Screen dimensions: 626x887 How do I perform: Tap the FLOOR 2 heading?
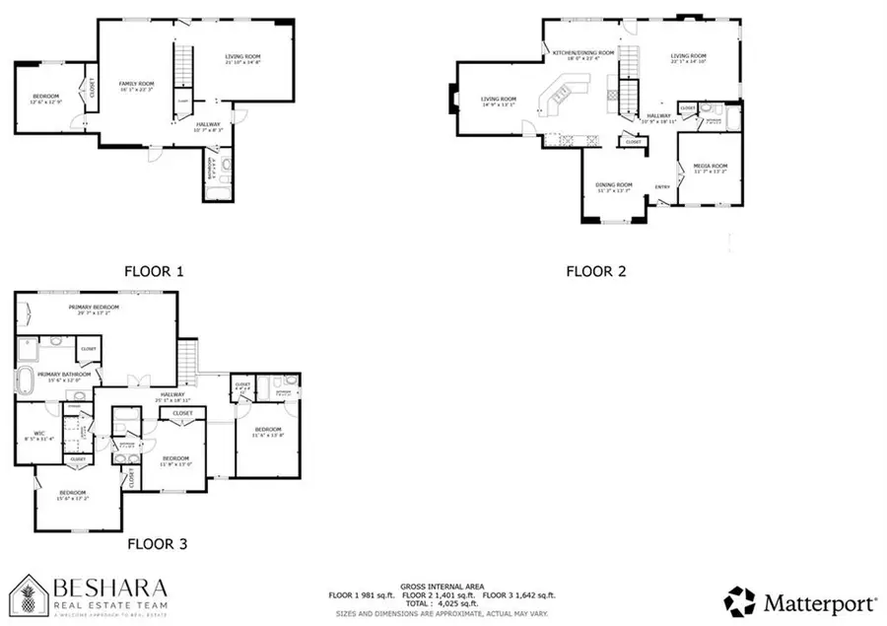(595, 270)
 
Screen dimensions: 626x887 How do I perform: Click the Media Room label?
(710, 167)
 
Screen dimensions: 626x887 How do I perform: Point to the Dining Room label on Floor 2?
(613, 185)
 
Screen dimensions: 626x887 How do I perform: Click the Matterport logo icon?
(740, 599)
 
